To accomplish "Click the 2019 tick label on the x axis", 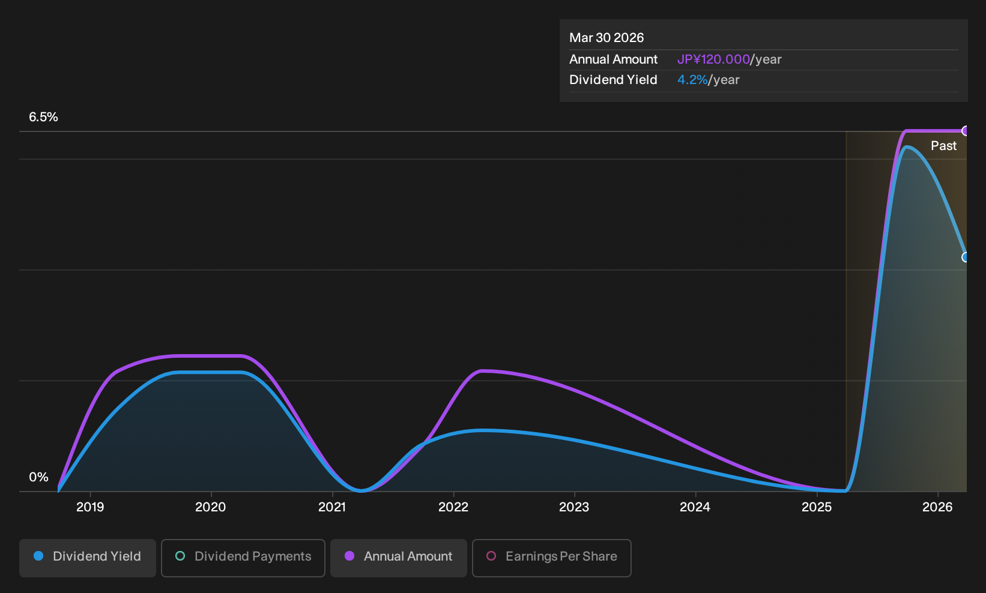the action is (x=90, y=507).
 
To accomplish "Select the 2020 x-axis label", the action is (x=210, y=507).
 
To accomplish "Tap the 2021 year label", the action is (x=332, y=507).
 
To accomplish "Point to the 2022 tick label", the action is (x=453, y=507).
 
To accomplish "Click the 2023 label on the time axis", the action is (x=574, y=507).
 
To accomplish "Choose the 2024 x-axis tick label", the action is (x=695, y=507).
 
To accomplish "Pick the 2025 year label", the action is (x=817, y=507).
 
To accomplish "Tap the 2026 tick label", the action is (x=937, y=507).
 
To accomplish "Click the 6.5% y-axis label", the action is (x=43, y=117).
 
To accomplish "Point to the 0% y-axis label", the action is (x=38, y=477).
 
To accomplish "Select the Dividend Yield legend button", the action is (x=88, y=558).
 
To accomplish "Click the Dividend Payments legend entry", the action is (x=243, y=558).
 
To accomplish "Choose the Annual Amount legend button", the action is (x=398, y=558).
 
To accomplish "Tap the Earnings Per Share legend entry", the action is (x=551, y=558).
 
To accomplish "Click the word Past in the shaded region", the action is (x=943, y=146).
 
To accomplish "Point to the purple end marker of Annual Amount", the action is (x=964, y=131).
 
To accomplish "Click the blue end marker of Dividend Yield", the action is (x=964, y=257).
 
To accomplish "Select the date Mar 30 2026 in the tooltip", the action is (x=606, y=38).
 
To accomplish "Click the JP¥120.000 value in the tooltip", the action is (x=713, y=59).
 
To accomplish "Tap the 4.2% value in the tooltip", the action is (x=692, y=80).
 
